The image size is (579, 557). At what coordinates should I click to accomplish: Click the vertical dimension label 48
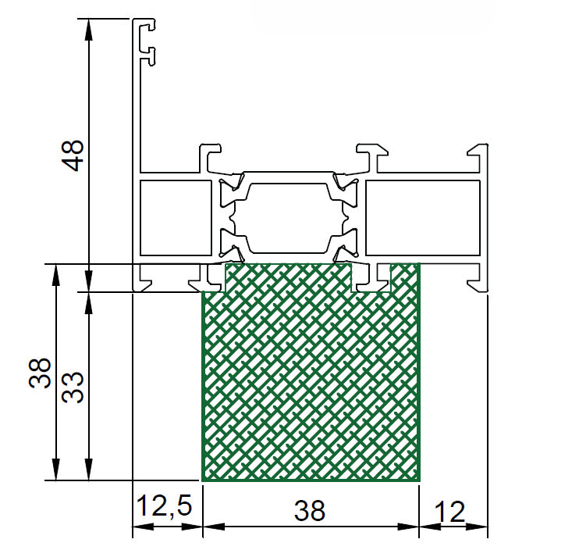73,155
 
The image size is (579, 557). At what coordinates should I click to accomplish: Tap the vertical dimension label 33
73,387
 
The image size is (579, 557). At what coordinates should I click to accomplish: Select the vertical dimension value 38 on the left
40,373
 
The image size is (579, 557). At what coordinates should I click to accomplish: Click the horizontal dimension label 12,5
165,505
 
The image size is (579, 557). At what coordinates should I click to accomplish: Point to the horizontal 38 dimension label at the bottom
310,510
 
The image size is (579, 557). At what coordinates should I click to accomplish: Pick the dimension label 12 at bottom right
449,512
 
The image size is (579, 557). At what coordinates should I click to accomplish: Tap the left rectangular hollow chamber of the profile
176,218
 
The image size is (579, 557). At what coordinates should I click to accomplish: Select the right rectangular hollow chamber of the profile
423,218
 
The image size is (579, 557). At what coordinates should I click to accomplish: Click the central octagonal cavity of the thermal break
288,218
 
